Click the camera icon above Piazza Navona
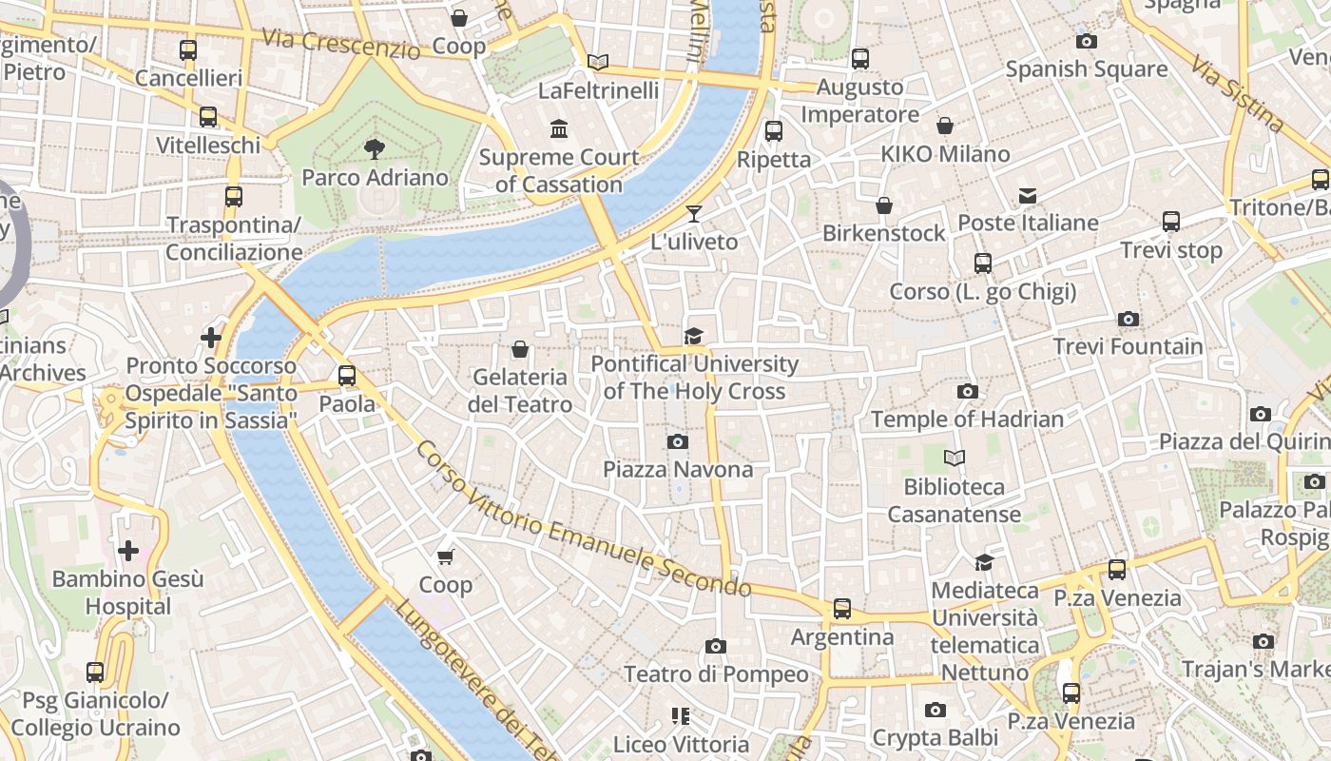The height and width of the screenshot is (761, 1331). (x=678, y=441)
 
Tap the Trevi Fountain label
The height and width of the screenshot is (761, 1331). (x=1128, y=346)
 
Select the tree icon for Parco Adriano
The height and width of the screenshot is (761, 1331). (x=375, y=148)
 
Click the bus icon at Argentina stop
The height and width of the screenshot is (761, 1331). (x=842, y=608)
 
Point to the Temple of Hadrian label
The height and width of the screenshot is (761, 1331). (x=967, y=419)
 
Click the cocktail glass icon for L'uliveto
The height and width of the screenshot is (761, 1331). (x=694, y=213)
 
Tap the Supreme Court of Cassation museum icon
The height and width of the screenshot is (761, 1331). (x=559, y=128)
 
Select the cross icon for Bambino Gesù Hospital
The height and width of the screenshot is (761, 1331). (x=128, y=550)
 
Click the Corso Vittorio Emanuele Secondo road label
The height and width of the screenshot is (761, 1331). (x=582, y=518)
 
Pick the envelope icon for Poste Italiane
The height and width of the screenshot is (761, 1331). (x=1028, y=195)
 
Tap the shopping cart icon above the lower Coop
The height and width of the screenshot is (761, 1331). (x=446, y=556)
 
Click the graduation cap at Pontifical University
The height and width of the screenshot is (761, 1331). (x=694, y=336)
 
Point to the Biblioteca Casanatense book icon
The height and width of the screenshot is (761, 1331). (x=955, y=459)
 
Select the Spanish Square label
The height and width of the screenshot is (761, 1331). (x=1086, y=69)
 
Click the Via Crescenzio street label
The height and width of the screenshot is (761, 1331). (x=339, y=42)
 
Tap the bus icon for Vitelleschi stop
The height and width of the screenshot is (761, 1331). (x=208, y=117)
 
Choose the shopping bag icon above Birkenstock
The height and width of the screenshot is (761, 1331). (x=884, y=205)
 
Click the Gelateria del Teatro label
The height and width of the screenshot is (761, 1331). (x=520, y=390)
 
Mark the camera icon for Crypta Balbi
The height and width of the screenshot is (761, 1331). (x=936, y=710)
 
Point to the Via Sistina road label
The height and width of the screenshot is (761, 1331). (x=1238, y=92)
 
